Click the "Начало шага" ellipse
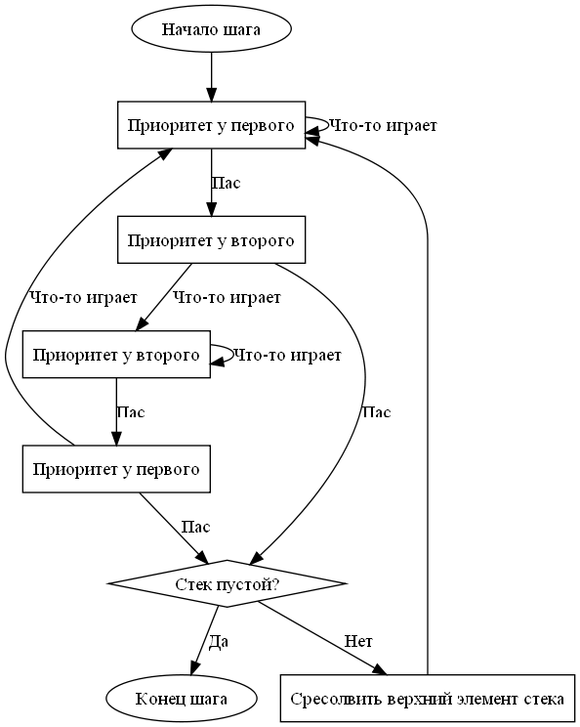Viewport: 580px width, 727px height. (x=211, y=29)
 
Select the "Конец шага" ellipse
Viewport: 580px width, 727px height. (x=182, y=699)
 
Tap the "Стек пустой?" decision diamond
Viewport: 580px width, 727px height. (x=227, y=583)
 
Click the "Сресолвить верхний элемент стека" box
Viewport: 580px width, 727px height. (x=427, y=699)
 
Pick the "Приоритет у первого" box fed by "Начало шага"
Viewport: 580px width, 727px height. (x=211, y=125)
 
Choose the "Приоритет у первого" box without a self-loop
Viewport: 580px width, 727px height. (x=116, y=469)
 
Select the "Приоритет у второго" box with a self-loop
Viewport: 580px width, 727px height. (x=116, y=355)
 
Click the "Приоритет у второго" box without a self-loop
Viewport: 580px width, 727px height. (x=211, y=239)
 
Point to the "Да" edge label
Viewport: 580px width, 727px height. (x=218, y=641)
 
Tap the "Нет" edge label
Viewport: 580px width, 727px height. (x=358, y=641)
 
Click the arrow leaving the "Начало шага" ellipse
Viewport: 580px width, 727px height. (x=211, y=77)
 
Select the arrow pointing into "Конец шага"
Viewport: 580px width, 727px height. (x=204, y=640)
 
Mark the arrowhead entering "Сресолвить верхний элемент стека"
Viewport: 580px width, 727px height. (x=381, y=670)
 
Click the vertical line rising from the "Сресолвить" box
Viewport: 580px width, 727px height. (x=427, y=456)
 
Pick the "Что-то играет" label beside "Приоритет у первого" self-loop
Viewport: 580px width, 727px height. (x=383, y=126)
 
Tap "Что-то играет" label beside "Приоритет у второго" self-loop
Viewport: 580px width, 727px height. (x=287, y=355)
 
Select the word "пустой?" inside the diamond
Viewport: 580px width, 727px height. (x=253, y=584)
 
